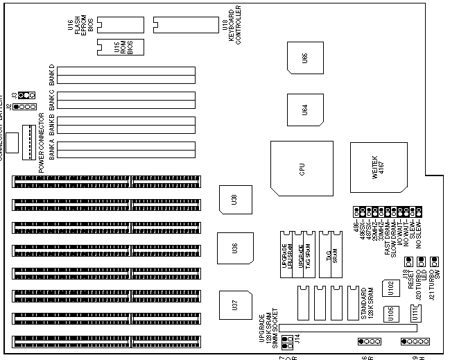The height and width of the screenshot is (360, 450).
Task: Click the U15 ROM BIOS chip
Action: [x=126, y=46]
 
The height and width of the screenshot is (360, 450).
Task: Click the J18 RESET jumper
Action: [x=408, y=262]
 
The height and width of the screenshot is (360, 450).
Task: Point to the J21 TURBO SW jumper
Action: [x=434, y=262]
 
